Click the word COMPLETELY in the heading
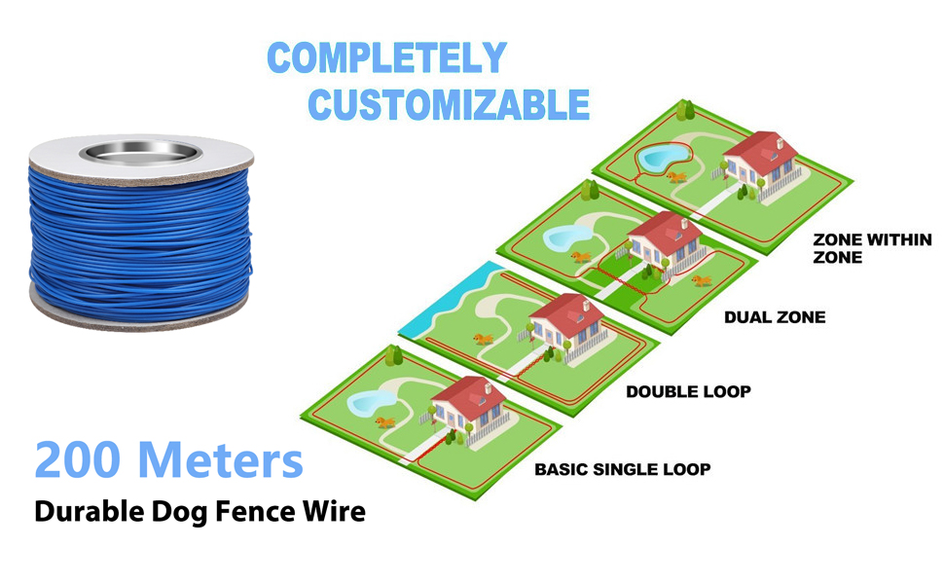point(386,59)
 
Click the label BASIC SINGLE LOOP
point(622,469)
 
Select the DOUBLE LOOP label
point(688,392)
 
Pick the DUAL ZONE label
point(775,317)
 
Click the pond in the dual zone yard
point(567,237)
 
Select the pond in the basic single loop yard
point(372,401)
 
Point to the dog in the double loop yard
point(482,339)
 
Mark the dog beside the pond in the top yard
point(676,177)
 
